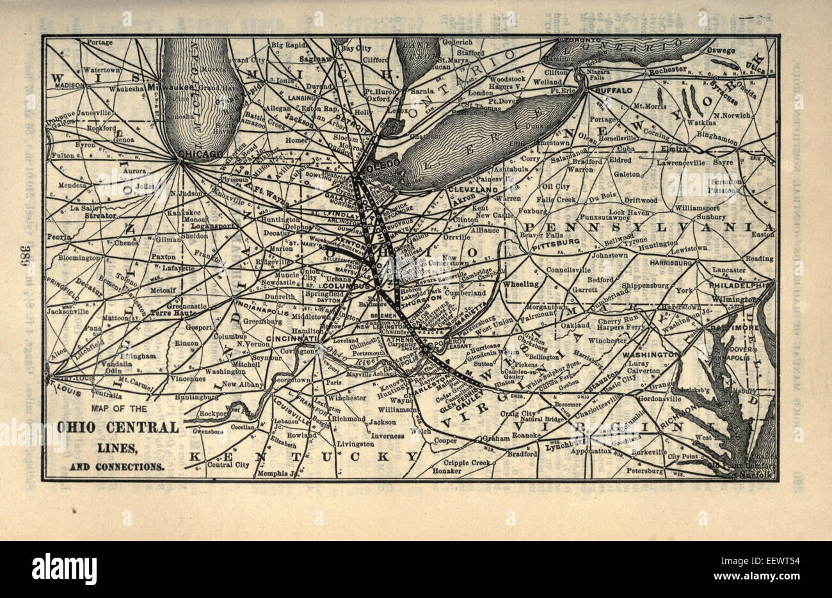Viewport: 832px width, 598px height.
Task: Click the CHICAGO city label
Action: click(x=200, y=154)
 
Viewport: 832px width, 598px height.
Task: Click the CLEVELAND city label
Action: click(x=474, y=191)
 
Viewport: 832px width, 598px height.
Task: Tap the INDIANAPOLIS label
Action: click(x=263, y=305)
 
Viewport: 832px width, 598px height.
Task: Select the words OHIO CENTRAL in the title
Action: click(x=118, y=428)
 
